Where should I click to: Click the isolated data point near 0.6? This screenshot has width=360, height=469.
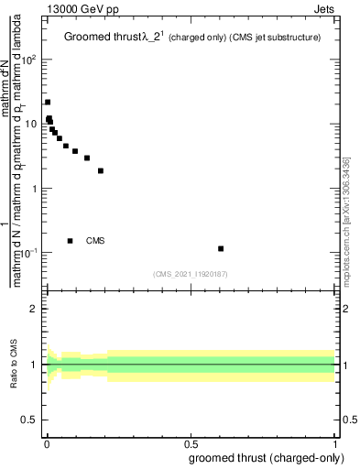(221, 248)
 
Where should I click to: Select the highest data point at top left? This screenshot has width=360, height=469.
(48, 102)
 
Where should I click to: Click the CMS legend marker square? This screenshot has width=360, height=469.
(71, 241)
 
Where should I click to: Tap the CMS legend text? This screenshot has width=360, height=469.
(95, 241)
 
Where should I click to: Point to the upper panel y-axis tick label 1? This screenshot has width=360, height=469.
(33, 189)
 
